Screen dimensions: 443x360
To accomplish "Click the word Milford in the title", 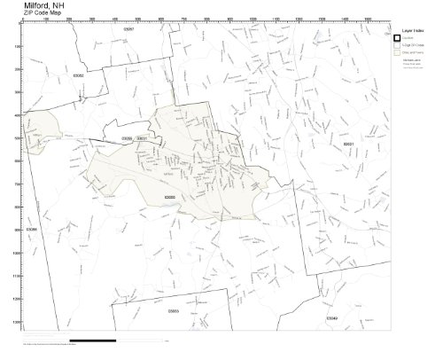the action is click(20, 4).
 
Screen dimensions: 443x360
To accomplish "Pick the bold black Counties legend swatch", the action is click(398, 37).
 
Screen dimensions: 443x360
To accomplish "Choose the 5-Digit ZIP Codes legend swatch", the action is click(398, 45).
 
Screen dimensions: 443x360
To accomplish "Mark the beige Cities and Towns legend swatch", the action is click(398, 53).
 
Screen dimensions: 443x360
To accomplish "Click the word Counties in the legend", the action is click(409, 37).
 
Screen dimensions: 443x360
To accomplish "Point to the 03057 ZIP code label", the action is click(128, 29).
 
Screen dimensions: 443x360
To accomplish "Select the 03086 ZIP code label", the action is click(32, 229).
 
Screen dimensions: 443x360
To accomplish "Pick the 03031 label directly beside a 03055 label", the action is click(142, 138).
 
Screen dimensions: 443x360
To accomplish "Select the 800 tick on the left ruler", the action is click(19, 207).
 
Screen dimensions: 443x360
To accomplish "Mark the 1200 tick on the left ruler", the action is click(19, 299).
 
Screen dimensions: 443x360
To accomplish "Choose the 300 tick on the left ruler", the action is click(19, 92).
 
